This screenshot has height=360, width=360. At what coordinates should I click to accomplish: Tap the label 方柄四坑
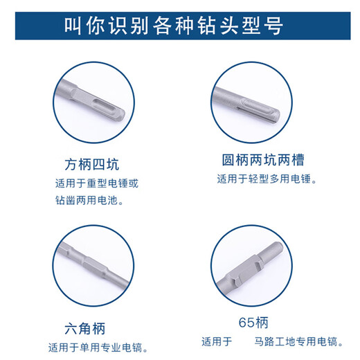click(91, 166)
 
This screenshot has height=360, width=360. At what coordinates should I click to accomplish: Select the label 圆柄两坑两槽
click(262, 161)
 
